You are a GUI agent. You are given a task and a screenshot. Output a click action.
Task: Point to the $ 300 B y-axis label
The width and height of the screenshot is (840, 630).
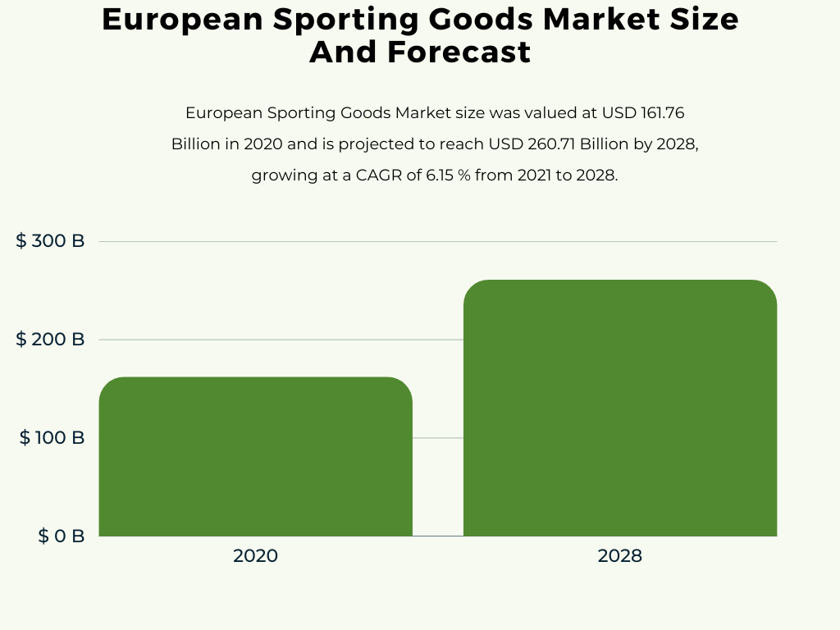pos(50,241)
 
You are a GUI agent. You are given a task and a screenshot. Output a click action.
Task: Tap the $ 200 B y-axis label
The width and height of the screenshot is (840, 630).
pos(50,340)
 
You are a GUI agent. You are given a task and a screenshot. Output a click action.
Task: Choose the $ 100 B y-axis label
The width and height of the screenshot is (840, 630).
pos(52,438)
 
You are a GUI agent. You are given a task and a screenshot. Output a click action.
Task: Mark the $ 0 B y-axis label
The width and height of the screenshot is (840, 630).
pos(61,536)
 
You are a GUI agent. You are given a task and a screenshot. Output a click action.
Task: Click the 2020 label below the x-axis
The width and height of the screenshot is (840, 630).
pos(255,556)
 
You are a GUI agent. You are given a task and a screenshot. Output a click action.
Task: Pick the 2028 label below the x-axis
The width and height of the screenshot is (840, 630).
pos(619,556)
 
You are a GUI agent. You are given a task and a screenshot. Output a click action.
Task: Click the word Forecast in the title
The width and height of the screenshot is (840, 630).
pos(459,52)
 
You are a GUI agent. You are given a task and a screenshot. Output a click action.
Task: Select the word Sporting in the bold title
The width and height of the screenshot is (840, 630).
pos(327,20)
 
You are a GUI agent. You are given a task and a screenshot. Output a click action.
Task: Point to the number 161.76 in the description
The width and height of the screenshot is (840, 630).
pos(660,112)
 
